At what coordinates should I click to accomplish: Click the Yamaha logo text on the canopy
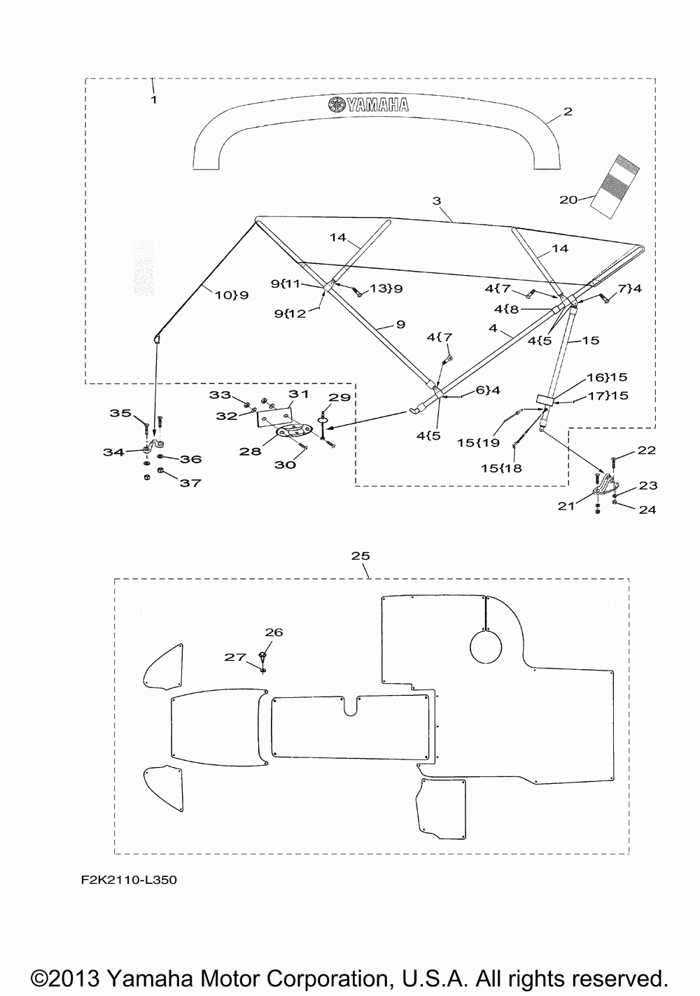tap(368, 104)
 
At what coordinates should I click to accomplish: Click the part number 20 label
tap(568, 200)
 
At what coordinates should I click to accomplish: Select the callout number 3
tap(437, 201)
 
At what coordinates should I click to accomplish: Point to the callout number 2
tap(568, 111)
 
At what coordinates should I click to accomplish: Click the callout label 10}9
tap(231, 295)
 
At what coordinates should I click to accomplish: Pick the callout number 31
tap(299, 394)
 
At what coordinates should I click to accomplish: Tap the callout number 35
tap(120, 413)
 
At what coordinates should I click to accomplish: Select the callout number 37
tap(190, 482)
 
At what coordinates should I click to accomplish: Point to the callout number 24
tap(647, 509)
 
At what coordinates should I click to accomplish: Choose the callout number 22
tap(646, 451)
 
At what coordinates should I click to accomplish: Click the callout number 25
tap(360, 556)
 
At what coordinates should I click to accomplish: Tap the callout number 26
tap(274, 632)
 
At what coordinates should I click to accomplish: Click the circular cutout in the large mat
tap(486, 646)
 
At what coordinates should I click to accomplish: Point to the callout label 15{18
tap(501, 468)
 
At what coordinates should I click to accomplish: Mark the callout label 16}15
tap(607, 377)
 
